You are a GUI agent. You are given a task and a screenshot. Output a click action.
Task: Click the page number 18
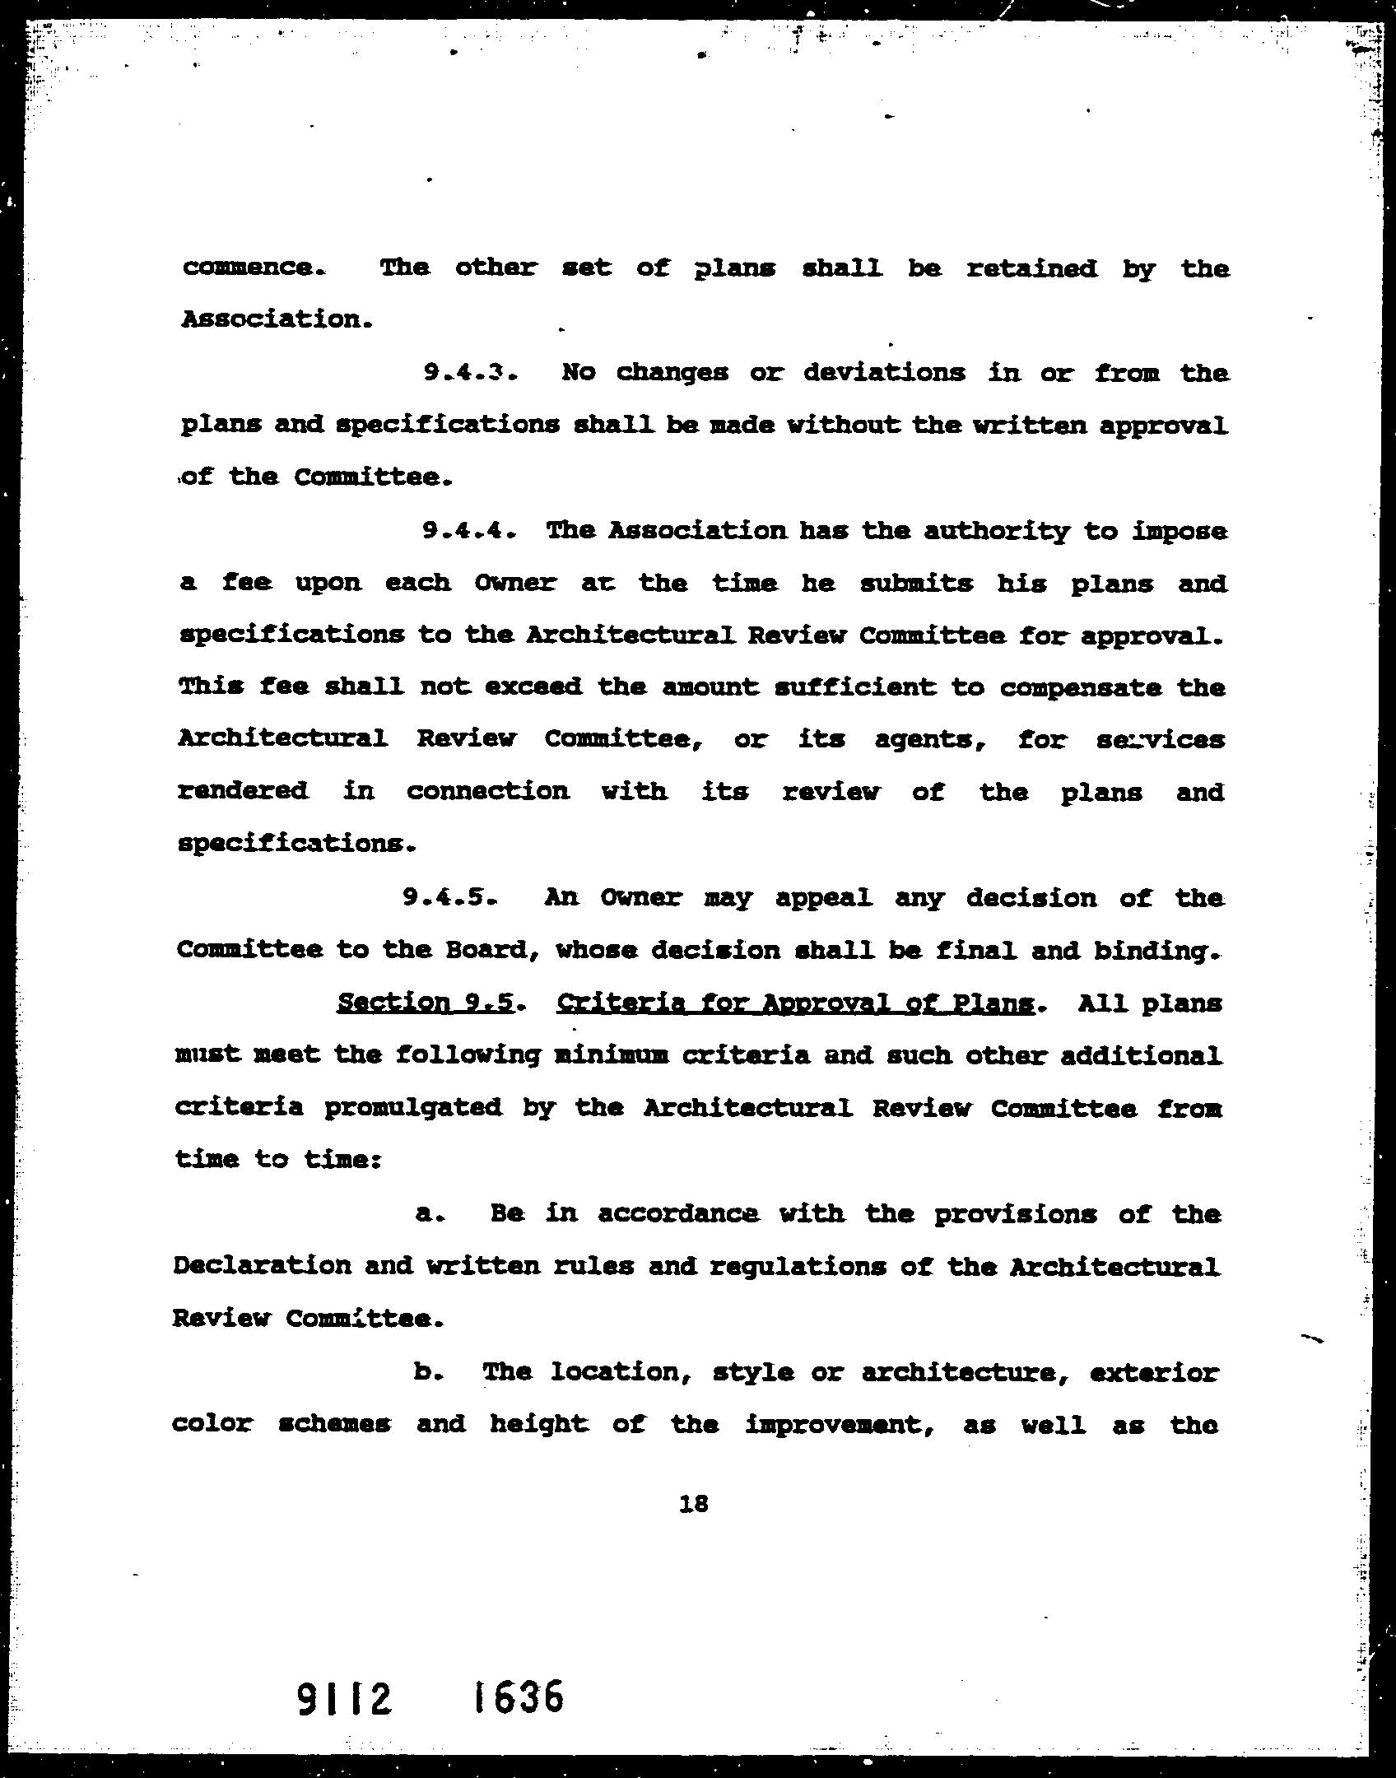point(694,1504)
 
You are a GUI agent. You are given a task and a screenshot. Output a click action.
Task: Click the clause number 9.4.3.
point(470,373)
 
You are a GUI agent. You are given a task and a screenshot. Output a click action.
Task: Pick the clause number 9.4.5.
point(449,897)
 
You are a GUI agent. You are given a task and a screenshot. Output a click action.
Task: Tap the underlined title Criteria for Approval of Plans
point(795,1003)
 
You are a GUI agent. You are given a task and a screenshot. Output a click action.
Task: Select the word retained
point(1031,268)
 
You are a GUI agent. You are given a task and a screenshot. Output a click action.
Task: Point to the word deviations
point(884,373)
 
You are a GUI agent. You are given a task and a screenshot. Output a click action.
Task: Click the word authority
point(995,532)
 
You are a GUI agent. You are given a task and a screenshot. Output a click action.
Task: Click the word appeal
point(823,898)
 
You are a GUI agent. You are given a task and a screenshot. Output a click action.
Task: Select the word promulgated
point(413,1108)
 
